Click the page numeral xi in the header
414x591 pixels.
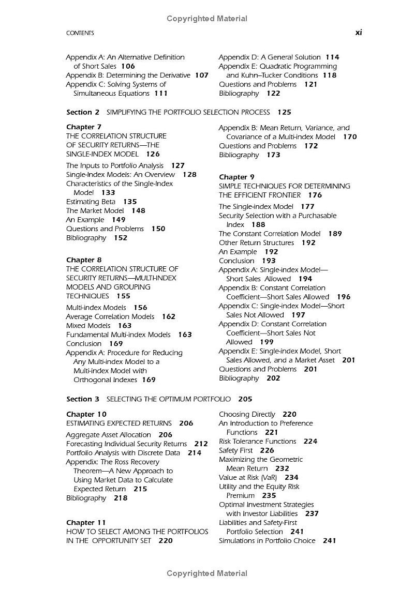point(358,33)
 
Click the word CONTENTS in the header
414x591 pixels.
point(80,33)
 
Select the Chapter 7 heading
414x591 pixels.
point(84,127)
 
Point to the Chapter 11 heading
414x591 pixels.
point(86,522)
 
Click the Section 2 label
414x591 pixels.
point(83,112)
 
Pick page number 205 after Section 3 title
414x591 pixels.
point(245,399)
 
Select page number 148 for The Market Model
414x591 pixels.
point(138,210)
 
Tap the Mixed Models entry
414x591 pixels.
point(88,326)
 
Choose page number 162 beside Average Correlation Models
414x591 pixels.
point(169,316)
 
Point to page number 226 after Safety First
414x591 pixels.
point(267,450)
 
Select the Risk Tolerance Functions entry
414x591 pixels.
point(258,441)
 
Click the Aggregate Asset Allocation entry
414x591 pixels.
point(109,435)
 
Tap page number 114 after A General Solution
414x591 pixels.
point(332,57)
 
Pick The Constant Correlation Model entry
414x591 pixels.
point(270,234)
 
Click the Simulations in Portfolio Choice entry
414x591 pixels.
point(267,540)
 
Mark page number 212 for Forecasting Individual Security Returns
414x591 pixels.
point(201,444)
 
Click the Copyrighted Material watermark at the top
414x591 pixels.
point(207,19)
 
